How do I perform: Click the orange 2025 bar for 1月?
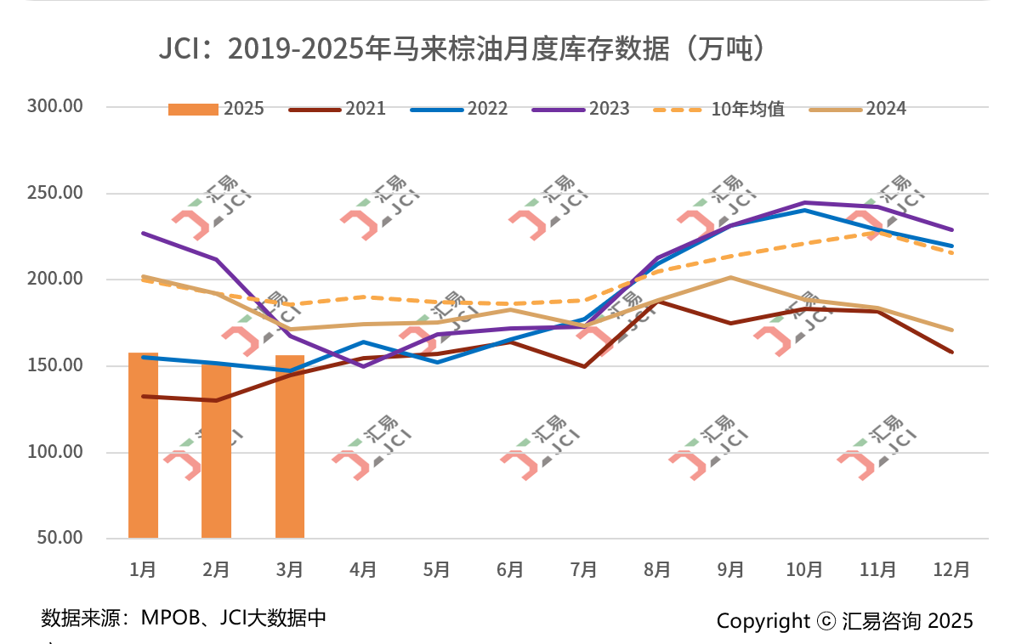(143, 445)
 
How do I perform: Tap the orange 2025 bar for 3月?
(290, 446)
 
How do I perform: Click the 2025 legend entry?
(216, 109)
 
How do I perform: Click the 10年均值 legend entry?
(718, 109)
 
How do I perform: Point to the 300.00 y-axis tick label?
(54, 106)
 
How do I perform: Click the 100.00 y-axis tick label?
(54, 452)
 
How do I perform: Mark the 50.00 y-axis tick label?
(59, 538)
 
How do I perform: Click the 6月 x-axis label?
(510, 569)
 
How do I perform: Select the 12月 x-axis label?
(951, 569)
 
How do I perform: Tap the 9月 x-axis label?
(730, 569)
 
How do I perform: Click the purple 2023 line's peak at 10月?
(804, 203)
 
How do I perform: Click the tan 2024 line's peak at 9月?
(730, 278)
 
